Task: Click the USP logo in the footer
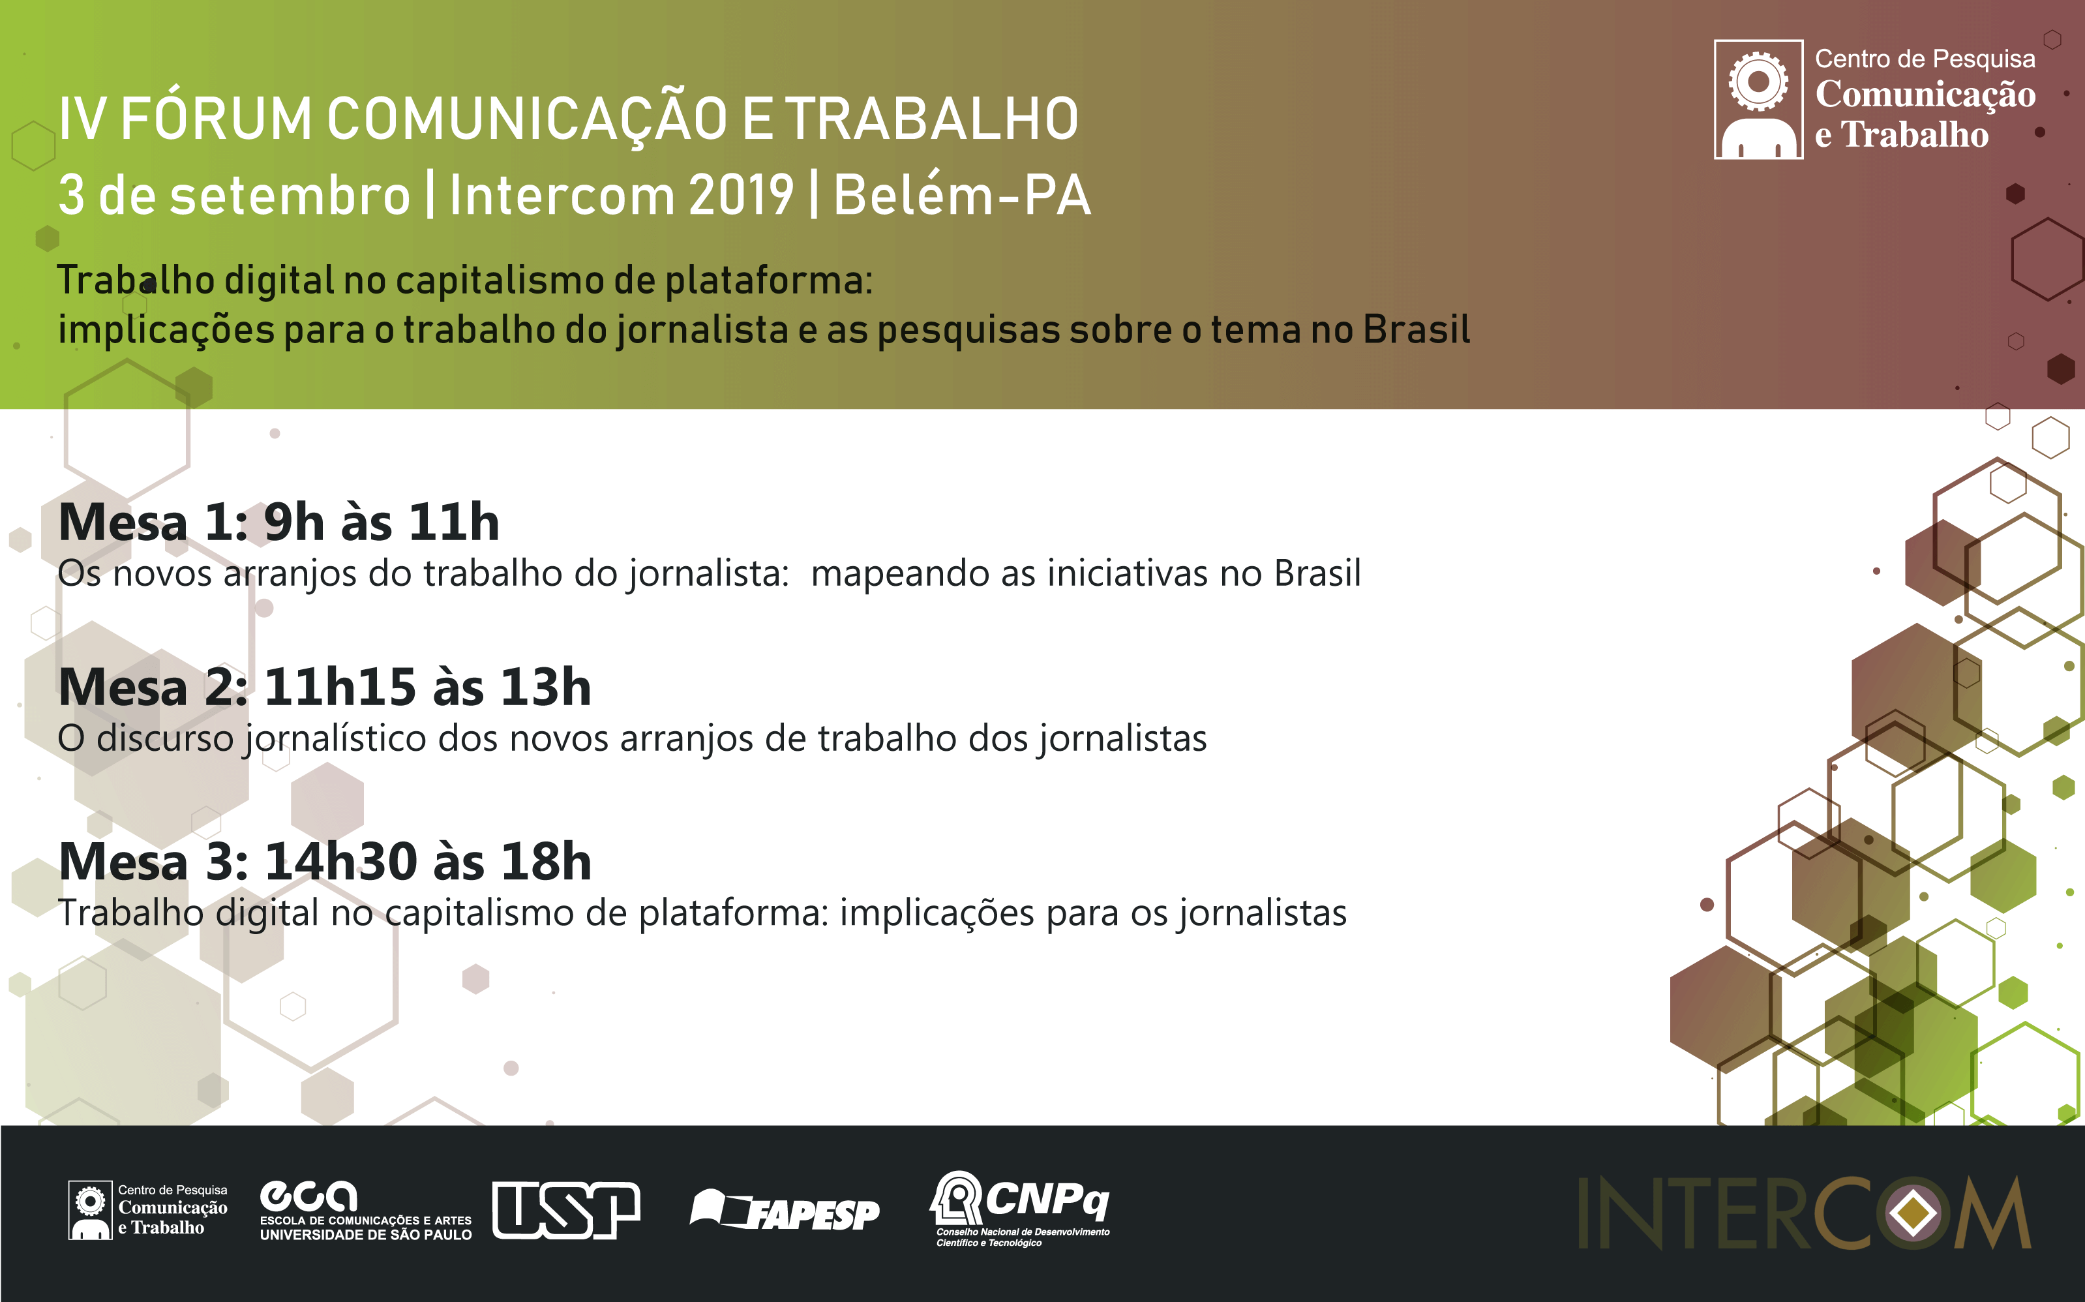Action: (x=565, y=1210)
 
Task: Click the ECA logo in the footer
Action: (x=365, y=1210)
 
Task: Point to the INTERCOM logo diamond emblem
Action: (x=1912, y=1213)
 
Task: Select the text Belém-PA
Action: (x=961, y=194)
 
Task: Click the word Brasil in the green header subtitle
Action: (x=1416, y=330)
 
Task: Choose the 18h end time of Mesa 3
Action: (x=547, y=861)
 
